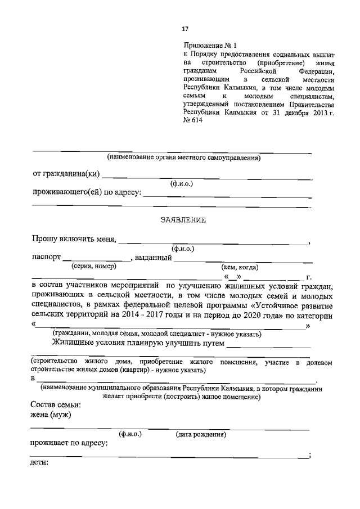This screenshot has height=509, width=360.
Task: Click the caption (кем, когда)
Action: [x=241, y=268]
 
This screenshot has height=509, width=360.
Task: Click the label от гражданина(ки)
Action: [x=66, y=174]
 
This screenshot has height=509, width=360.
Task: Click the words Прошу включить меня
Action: [x=74, y=239]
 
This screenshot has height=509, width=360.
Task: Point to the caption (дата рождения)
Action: [x=201, y=435]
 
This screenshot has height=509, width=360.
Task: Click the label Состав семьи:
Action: [x=56, y=405]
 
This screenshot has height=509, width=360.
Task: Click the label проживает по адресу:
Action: [x=69, y=444]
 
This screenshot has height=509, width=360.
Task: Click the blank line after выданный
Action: [x=243, y=259]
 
